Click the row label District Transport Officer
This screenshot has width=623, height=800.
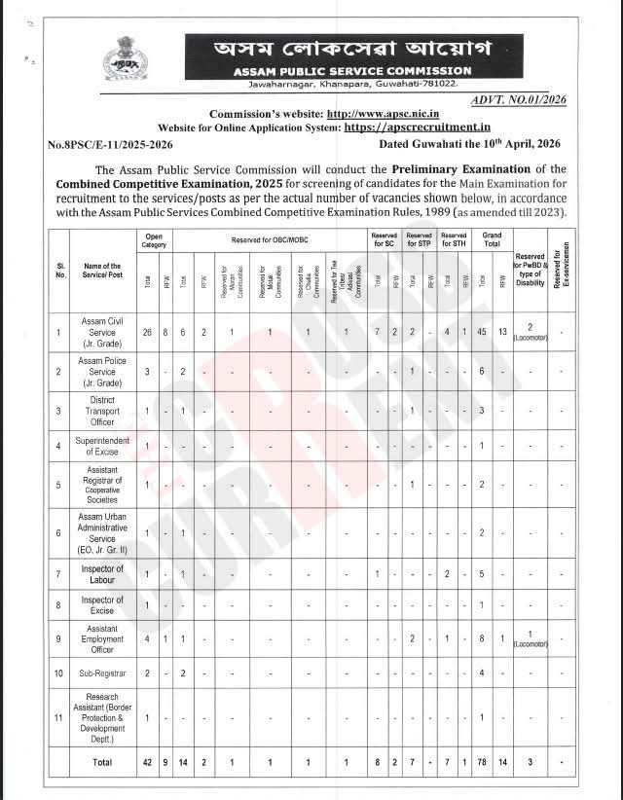coord(101,411)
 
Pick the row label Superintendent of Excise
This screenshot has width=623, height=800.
coord(101,446)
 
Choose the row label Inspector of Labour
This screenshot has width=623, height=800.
coord(101,574)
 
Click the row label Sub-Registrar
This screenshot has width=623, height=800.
coord(101,673)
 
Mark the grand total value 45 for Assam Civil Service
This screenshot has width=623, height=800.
coord(481,333)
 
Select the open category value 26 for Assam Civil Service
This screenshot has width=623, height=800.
coord(147,333)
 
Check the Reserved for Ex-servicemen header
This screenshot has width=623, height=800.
coord(558,268)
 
